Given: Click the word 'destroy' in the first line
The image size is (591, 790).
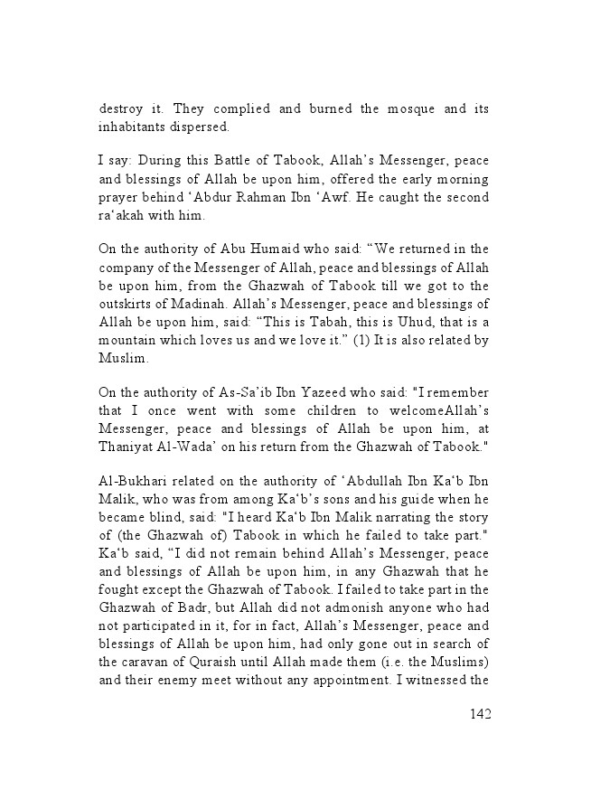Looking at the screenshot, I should [121, 109].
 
